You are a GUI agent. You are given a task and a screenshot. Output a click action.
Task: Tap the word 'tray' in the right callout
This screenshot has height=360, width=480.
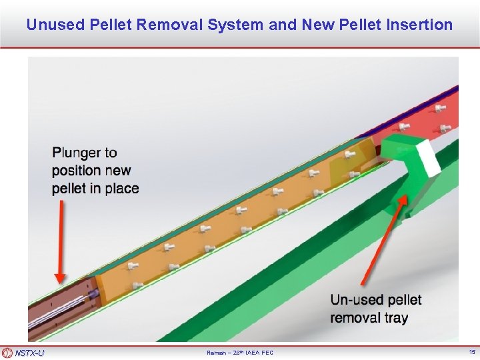(x=395, y=317)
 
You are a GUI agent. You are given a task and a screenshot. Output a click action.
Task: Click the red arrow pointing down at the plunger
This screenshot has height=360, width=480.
(x=61, y=240)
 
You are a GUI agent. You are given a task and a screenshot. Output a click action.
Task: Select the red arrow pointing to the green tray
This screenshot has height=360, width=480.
(x=383, y=240)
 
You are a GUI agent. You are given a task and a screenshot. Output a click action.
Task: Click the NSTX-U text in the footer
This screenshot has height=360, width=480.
(x=29, y=353)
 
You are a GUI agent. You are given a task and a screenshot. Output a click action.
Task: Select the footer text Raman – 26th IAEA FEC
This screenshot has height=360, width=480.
(x=240, y=353)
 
